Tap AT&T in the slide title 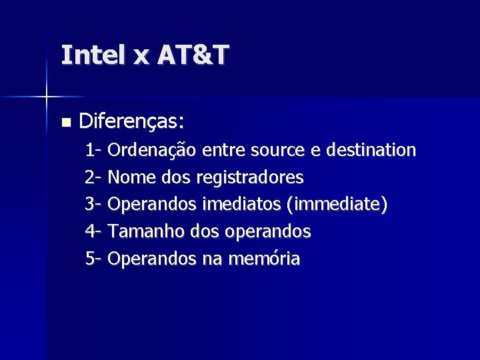pyautogui.click(x=193, y=55)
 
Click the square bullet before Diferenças pyautogui.click(x=65, y=123)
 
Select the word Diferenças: pyautogui.click(x=131, y=122)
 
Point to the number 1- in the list pyautogui.click(x=93, y=150)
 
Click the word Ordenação pyautogui.click(x=152, y=150)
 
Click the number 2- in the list pyautogui.click(x=93, y=177)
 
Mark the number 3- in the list pyautogui.click(x=93, y=205)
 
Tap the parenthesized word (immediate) pyautogui.click(x=336, y=205)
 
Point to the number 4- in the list pyautogui.click(x=93, y=232)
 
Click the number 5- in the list pyautogui.click(x=93, y=259)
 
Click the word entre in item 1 pyautogui.click(x=222, y=150)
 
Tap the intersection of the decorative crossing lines pyautogui.click(x=46, y=97)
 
